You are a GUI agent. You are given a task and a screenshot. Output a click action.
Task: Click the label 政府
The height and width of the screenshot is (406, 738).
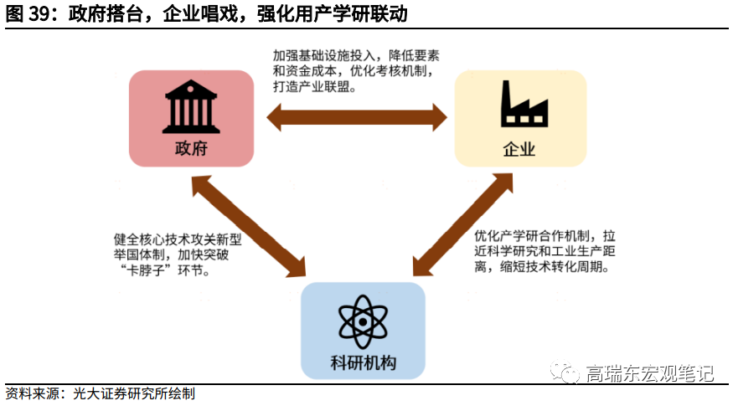[191, 148]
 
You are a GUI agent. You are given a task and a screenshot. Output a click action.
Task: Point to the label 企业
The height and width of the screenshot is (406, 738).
[519, 149]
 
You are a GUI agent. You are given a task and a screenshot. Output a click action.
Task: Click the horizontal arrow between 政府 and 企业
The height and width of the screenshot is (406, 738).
[356, 116]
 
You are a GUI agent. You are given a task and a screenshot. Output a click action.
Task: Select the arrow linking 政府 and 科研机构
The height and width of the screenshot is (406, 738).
[249, 226]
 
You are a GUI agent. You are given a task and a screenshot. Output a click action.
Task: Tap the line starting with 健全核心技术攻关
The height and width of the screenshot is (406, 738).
[177, 239]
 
